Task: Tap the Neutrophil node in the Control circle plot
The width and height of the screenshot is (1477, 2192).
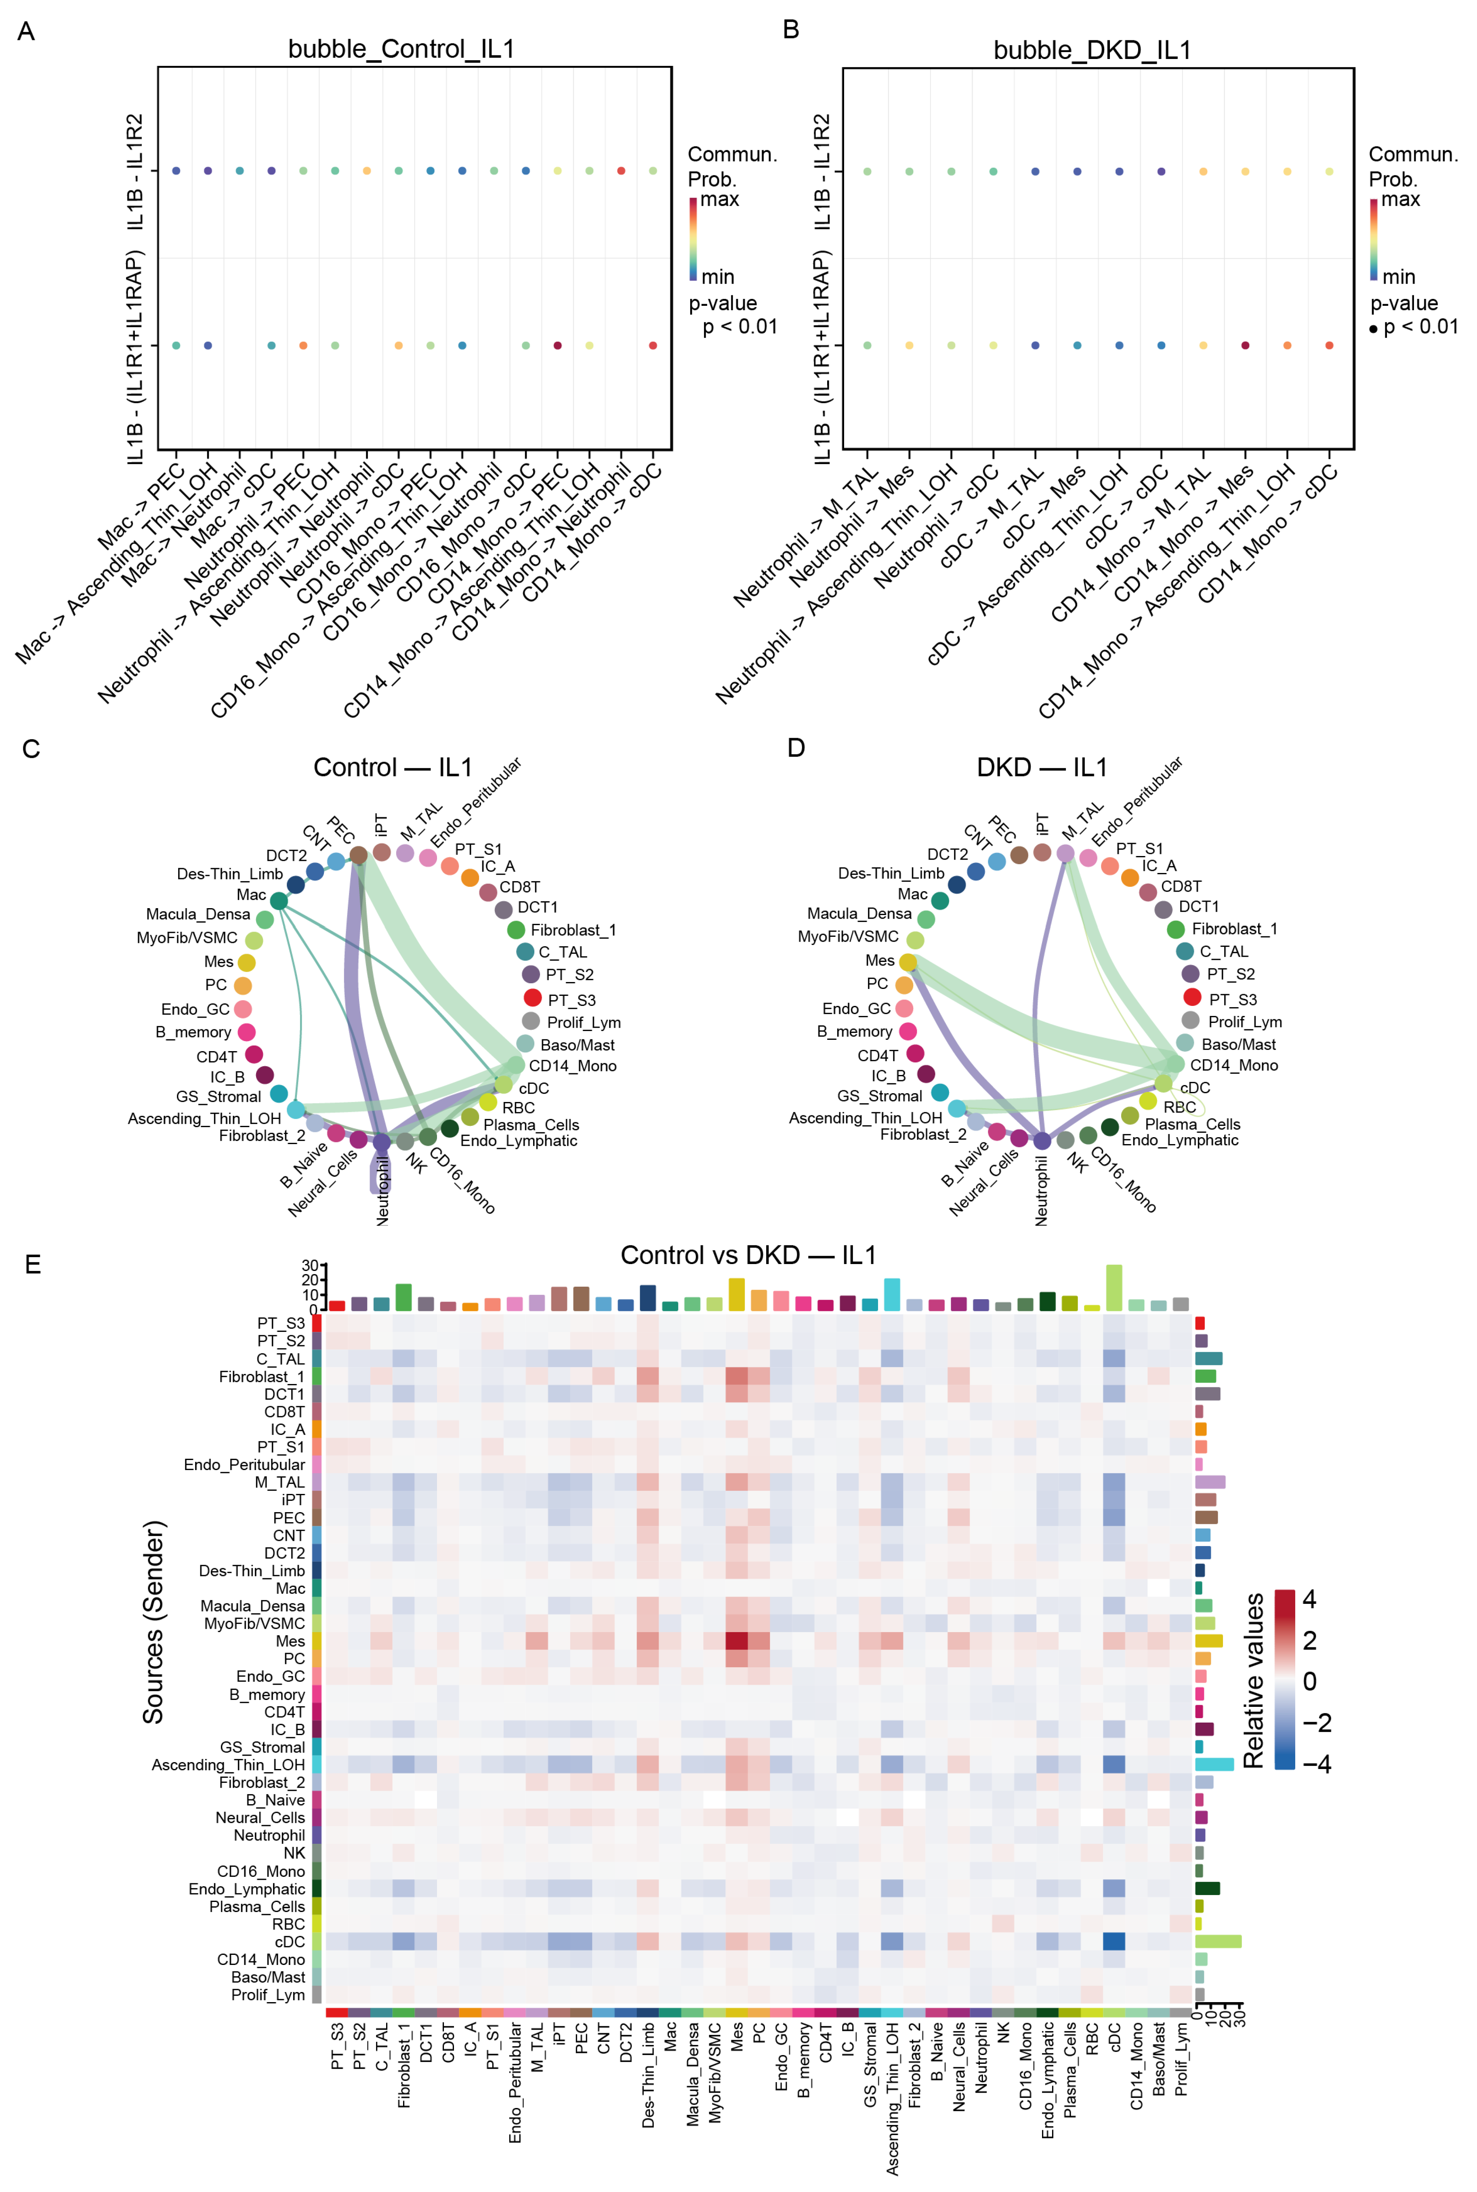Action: (382, 1142)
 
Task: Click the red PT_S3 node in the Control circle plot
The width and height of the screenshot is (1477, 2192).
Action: (532, 997)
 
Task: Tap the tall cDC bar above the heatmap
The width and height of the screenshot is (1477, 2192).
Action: (1114, 1288)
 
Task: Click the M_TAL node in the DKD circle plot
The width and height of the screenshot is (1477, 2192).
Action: (1065, 852)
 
